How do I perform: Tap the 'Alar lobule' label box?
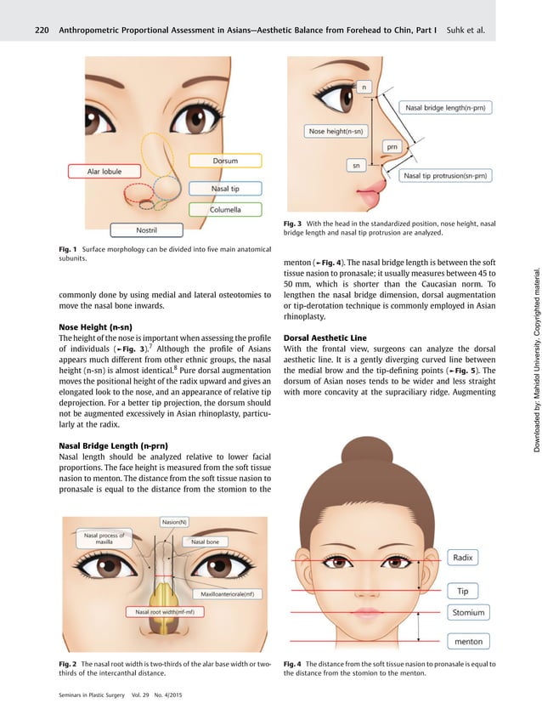pos(104,171)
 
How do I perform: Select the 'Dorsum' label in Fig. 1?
pos(225,161)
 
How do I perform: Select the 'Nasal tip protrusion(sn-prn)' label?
pos(445,176)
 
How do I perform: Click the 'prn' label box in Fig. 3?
pos(392,146)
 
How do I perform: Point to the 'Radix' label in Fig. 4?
pos(464,534)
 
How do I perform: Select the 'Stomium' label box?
pos(468,612)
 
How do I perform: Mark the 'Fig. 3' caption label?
pos(295,224)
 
